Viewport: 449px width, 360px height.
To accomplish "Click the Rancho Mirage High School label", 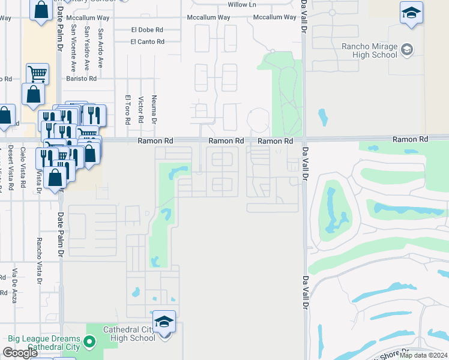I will click(369, 51).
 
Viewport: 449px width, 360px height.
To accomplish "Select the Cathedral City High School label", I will click(130, 334).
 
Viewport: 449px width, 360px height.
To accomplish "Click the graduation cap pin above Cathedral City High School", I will click(164, 322).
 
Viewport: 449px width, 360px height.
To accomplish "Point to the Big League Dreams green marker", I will click(89, 343).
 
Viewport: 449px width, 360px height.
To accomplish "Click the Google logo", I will click(20, 353).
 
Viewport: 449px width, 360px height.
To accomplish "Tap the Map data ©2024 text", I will click(424, 355).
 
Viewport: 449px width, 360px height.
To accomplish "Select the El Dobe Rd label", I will click(147, 29).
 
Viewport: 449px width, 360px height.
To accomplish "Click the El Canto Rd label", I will click(147, 42).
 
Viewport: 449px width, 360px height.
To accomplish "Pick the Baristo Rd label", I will click(82, 79).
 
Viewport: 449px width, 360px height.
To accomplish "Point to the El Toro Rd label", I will click(127, 109).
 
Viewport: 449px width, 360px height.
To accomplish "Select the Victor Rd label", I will click(140, 109).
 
